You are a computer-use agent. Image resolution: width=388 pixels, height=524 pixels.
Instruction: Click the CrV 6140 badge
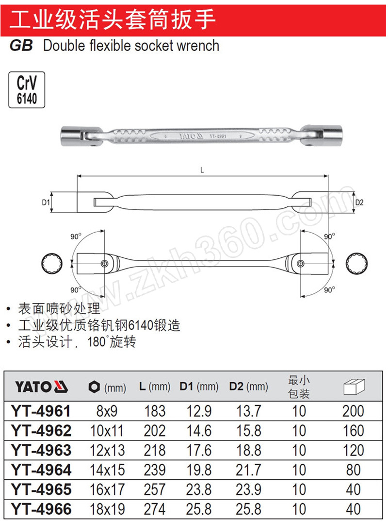click(27, 89)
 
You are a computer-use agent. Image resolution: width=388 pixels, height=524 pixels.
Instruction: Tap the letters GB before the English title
click(21, 46)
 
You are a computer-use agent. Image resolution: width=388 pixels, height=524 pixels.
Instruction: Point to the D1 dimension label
click(46, 202)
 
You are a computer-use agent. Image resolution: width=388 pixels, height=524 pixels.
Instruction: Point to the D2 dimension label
click(359, 202)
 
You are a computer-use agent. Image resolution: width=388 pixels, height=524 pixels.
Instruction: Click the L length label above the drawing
click(202, 170)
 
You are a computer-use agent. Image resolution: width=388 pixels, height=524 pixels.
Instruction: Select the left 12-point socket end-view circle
click(52, 264)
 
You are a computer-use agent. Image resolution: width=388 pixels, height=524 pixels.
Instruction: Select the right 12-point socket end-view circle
click(357, 264)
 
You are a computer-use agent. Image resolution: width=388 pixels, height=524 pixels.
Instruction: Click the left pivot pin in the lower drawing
click(104, 264)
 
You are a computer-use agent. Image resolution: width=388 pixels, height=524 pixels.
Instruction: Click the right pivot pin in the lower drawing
click(300, 264)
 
